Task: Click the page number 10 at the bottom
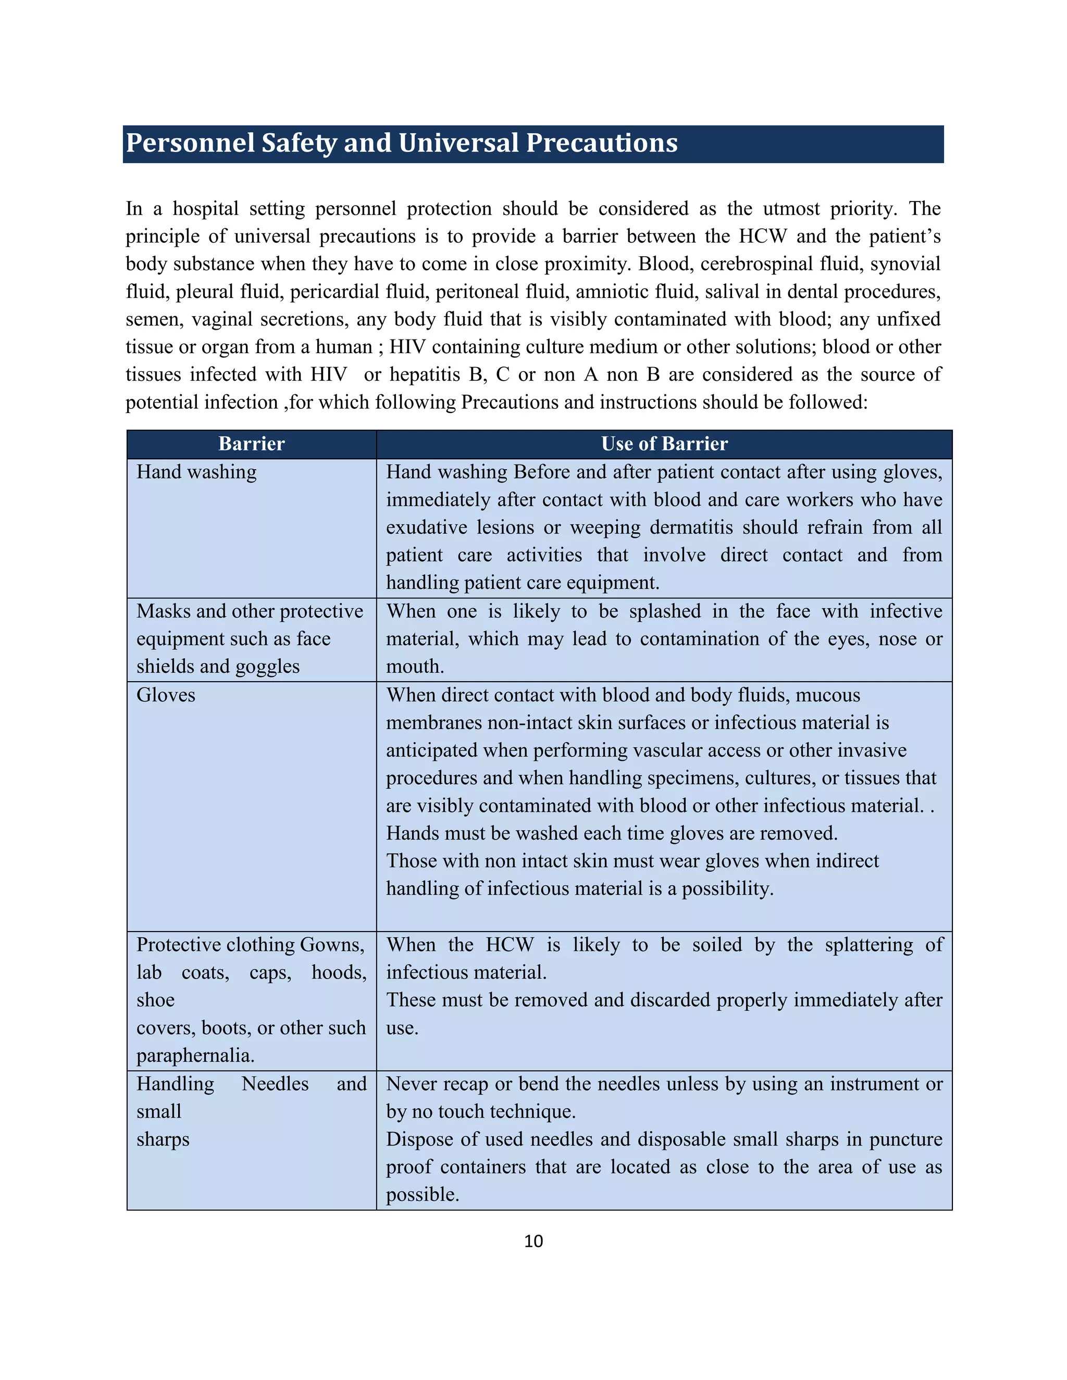coord(533,1241)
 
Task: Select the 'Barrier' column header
coord(252,444)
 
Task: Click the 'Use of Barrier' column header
coord(664,444)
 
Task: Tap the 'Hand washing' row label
coord(196,472)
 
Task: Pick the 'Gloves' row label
coord(166,695)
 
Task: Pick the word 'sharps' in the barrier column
coord(163,1139)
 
